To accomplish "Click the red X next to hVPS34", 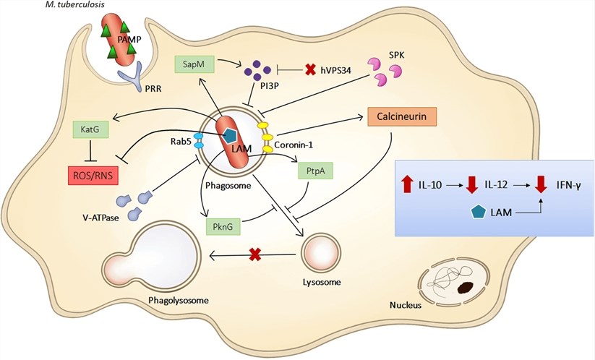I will tap(311, 69).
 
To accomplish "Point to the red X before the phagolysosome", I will tap(254, 254).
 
